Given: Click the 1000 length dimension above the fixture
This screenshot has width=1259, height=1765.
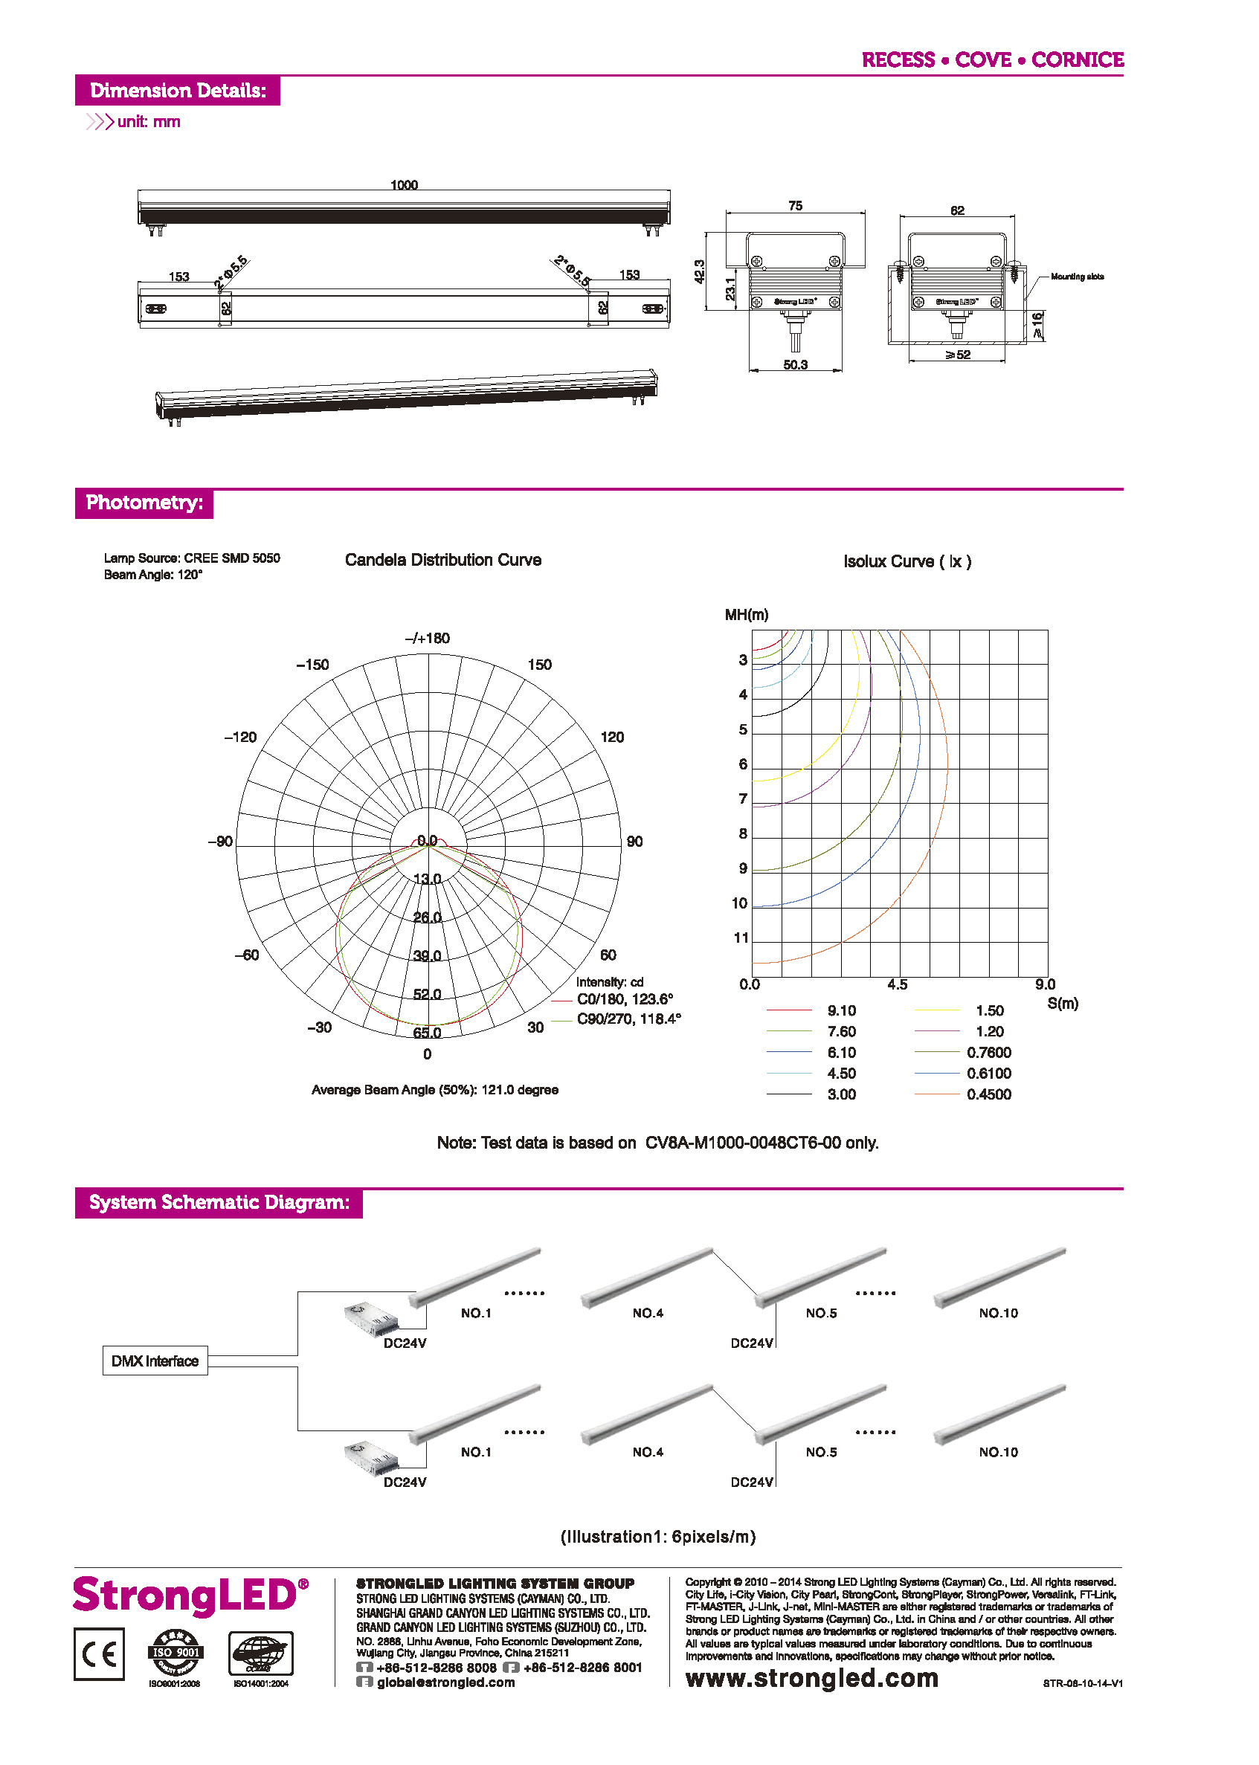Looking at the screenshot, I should click(x=403, y=184).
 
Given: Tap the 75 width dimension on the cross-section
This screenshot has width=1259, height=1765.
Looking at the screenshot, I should click(x=795, y=205).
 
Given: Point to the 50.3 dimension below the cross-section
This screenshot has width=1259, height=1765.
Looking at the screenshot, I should click(x=795, y=364).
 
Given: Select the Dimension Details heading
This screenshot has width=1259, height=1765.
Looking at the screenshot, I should click(x=178, y=91).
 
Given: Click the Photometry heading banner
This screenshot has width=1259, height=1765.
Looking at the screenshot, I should click(x=144, y=503).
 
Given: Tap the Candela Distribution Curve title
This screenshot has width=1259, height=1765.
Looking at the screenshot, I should click(x=442, y=560).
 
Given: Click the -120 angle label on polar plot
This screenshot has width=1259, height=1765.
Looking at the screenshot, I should click(x=240, y=738).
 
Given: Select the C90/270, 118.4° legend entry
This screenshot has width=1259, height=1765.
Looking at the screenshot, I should click(x=628, y=1019).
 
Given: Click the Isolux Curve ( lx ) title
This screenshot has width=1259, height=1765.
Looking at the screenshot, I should click(x=907, y=561).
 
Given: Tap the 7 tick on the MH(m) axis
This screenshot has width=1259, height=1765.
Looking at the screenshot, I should click(x=743, y=798).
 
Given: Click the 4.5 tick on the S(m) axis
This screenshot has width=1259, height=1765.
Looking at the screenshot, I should click(x=897, y=984).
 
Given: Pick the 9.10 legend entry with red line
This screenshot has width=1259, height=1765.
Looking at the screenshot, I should click(x=840, y=1011).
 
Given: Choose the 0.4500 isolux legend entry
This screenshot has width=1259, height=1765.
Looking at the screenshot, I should click(x=988, y=1094).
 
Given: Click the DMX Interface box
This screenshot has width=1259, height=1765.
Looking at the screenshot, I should click(x=155, y=1361).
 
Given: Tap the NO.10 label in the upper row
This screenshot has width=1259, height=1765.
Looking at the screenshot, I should click(x=998, y=1313).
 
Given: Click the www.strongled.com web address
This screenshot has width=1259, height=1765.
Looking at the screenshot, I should click(x=811, y=1678).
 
